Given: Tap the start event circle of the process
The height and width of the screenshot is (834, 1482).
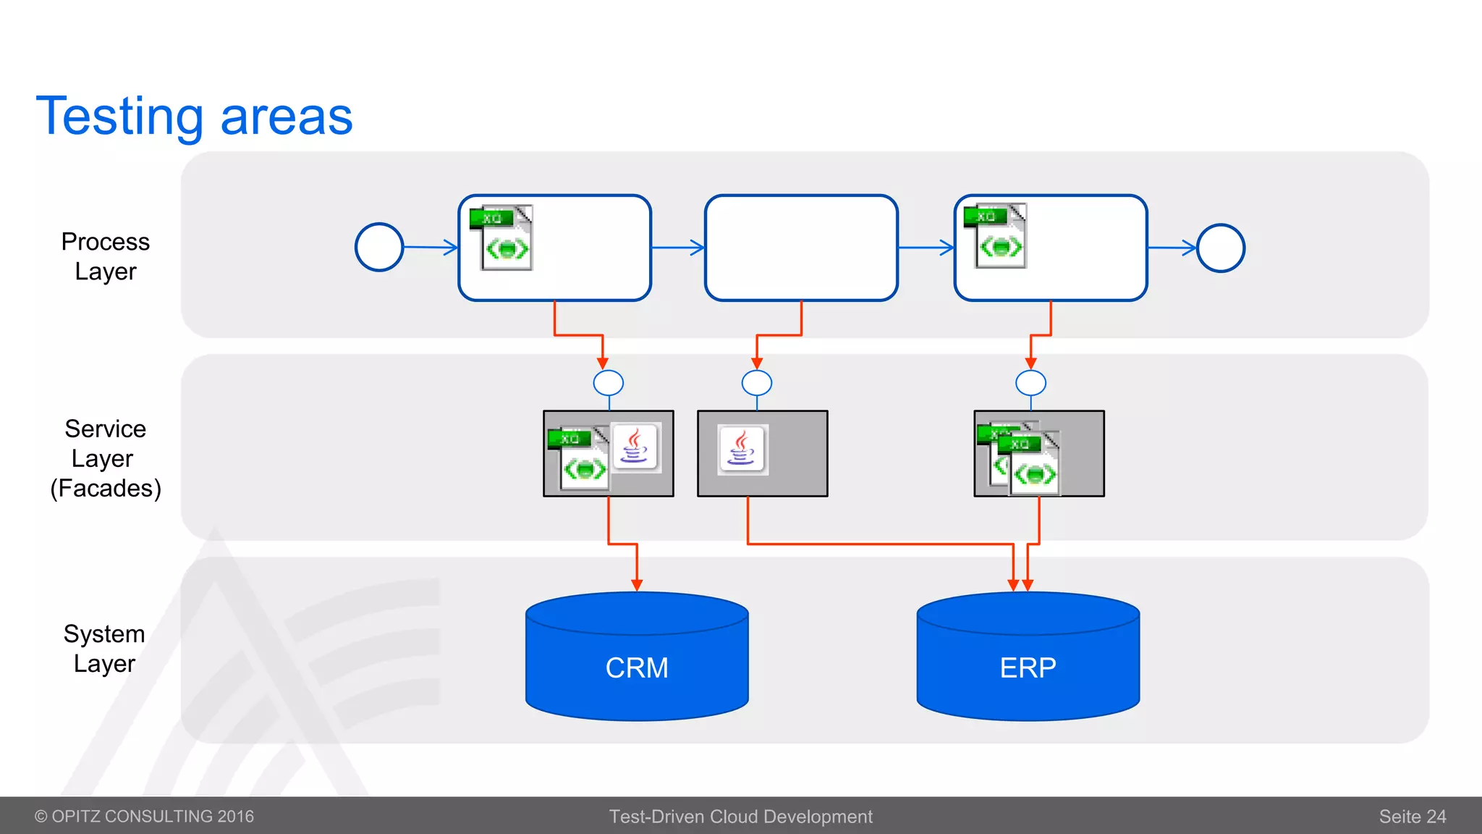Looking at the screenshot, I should [379, 248].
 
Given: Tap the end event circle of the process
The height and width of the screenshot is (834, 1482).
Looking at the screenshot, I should [1221, 248].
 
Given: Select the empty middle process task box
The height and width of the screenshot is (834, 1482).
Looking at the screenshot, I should [801, 248].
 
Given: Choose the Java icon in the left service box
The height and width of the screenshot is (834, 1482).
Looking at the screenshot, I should [635, 447].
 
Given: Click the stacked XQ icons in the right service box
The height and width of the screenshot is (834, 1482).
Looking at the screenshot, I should [1020, 458].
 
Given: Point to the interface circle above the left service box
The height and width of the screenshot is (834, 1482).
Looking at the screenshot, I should [609, 382].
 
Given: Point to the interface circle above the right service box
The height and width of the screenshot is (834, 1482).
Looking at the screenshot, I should [1030, 382].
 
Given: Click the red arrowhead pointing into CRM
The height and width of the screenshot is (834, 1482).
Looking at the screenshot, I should [637, 584].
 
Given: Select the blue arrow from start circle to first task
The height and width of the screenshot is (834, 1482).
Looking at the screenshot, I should [431, 248].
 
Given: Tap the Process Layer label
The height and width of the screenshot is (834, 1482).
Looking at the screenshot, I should [106, 256].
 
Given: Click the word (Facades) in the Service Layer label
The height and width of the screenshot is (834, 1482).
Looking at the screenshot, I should [106, 489].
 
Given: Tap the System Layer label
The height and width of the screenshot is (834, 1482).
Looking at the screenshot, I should [105, 649].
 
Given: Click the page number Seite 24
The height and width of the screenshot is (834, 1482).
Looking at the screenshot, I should [1412, 817].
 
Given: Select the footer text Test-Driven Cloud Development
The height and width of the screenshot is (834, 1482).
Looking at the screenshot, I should [740, 817].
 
